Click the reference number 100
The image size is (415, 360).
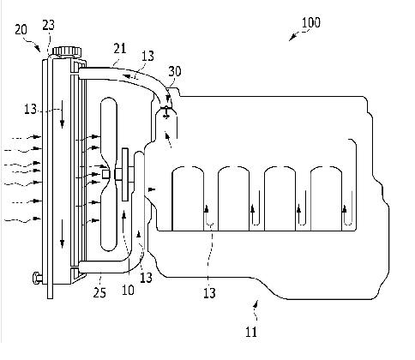tap(311, 22)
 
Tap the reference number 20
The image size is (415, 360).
tap(21, 29)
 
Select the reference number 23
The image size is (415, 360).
tap(48, 25)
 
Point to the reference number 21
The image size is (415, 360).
tap(120, 48)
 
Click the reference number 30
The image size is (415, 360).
tap(175, 71)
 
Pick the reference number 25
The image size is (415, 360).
tap(99, 292)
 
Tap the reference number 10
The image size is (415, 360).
tap(128, 290)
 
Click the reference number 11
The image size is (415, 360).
tap(251, 332)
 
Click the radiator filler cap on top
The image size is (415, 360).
tap(67, 51)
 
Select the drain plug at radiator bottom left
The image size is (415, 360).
tap(38, 278)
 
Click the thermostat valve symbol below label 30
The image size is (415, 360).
tap(166, 111)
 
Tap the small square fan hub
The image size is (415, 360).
tap(106, 174)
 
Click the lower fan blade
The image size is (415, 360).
tap(109, 216)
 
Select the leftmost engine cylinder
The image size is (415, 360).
tap(188, 198)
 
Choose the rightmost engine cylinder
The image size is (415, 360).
tap(326, 198)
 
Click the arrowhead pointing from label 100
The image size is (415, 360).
tap(292, 38)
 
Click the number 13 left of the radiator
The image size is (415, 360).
tap(31, 109)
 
